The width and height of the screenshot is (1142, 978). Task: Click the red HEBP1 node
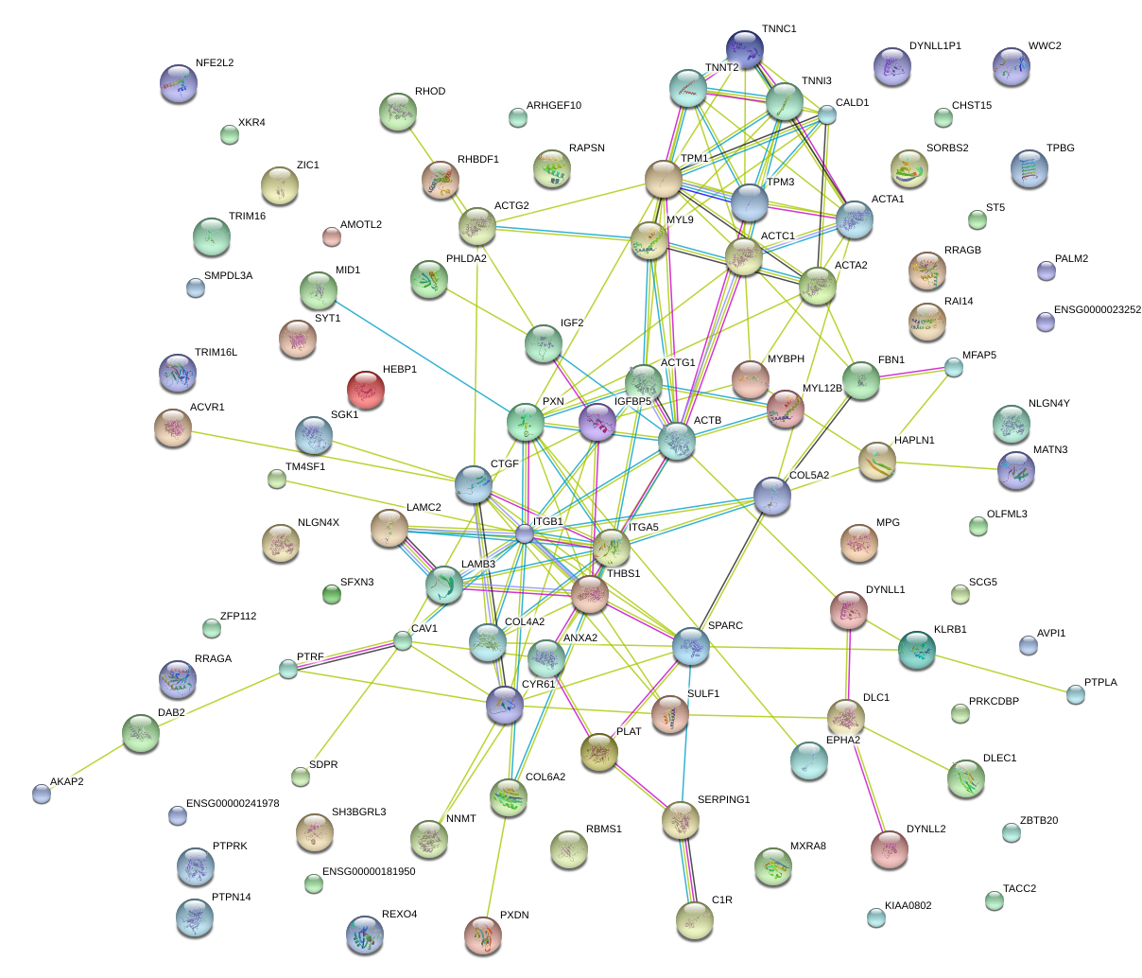tap(366, 389)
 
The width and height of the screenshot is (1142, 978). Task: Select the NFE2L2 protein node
tap(179, 83)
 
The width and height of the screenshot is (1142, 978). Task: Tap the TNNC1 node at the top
tap(745, 48)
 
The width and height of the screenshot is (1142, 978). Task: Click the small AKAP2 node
tap(42, 794)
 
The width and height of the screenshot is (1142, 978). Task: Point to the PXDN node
tap(483, 934)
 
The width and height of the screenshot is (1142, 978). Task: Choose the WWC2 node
tap(1011, 66)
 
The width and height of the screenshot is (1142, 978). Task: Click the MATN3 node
tap(1016, 470)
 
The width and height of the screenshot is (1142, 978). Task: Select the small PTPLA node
tap(1076, 694)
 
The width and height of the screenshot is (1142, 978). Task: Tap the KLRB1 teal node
tap(916, 649)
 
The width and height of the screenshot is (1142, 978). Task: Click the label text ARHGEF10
tap(554, 106)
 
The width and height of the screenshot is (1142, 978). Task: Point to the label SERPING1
tap(723, 800)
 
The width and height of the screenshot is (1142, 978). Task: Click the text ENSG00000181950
tap(369, 872)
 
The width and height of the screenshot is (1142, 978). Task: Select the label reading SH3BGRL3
tap(358, 812)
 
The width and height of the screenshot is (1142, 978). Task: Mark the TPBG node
tap(1029, 168)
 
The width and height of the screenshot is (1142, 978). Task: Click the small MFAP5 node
tap(954, 368)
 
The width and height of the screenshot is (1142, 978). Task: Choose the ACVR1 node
tap(172, 428)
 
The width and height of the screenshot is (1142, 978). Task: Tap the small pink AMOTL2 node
tap(331, 236)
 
